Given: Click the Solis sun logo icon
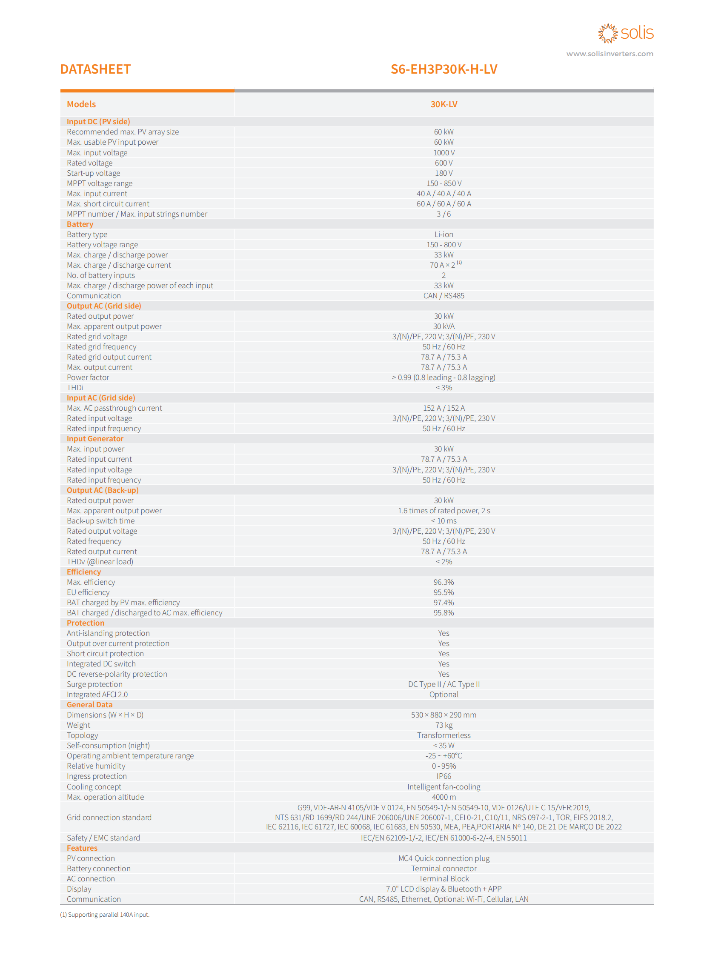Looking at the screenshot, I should tap(607, 33).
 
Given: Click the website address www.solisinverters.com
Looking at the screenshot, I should tap(610, 54).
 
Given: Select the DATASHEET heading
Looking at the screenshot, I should tap(95, 69).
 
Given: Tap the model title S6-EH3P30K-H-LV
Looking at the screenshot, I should tap(444, 69).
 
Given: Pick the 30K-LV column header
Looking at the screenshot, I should tap(444, 104).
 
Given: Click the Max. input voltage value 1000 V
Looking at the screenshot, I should tap(444, 152).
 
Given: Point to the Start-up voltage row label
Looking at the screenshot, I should tap(93, 173).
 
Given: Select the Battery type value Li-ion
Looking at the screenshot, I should tap(444, 234).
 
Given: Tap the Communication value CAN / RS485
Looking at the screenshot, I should tap(444, 296).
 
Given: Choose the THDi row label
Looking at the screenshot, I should tap(75, 387).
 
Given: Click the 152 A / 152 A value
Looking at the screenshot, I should tap(444, 408).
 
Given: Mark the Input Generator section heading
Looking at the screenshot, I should tap(95, 438).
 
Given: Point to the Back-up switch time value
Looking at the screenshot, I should tap(444, 521).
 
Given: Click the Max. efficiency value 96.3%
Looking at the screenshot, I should tap(444, 582).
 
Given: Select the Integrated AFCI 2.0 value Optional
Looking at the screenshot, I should tap(444, 694).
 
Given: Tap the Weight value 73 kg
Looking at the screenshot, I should tap(444, 725).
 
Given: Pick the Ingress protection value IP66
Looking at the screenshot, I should tap(444, 776).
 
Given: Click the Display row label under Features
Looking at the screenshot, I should tap(79, 889).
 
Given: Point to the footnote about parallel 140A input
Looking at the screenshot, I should tap(105, 915).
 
